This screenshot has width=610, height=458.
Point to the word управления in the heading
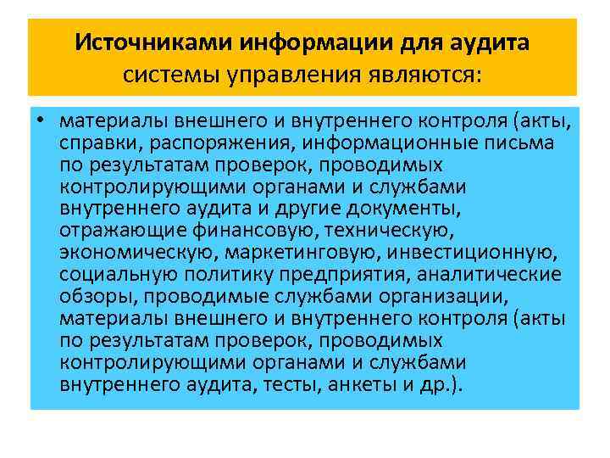pyautogui.click(x=278, y=75)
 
